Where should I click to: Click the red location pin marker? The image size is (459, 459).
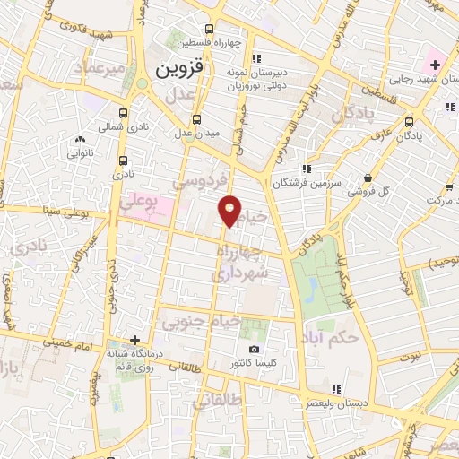coord(230,210)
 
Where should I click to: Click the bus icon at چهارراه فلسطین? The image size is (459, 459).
coord(211,28)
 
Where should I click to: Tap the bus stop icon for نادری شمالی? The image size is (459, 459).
coord(123,113)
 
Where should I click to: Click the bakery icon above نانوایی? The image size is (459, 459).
coord(81,139)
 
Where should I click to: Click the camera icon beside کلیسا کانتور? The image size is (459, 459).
coord(254,350)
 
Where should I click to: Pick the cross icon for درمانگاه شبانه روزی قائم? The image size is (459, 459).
coord(134,340)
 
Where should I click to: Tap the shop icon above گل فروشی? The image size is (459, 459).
coord(371,177)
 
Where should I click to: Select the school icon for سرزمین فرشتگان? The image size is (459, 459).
coord(307,168)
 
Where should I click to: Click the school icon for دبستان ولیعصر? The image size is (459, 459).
coord(337,389)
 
